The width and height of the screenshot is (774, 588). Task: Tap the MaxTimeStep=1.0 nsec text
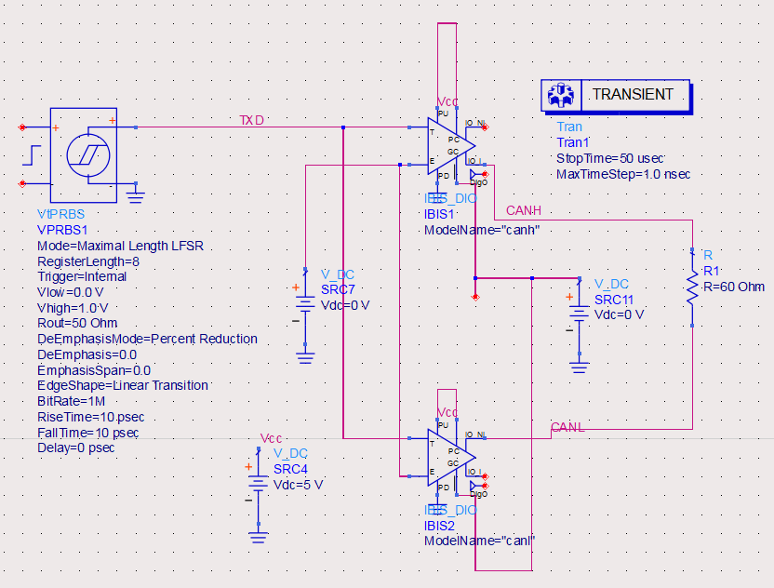pos(622,174)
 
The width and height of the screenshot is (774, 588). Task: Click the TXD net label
pos(251,120)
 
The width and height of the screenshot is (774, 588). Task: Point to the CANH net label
pos(523,211)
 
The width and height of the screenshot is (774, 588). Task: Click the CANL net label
pos(567,427)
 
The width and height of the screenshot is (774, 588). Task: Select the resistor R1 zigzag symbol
pos(692,288)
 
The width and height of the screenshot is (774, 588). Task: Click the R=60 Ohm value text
pos(733,287)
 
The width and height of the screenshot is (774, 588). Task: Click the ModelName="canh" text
pos(482,229)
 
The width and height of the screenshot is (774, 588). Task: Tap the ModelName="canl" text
pos(480,541)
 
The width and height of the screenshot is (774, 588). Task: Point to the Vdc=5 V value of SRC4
pos(298,485)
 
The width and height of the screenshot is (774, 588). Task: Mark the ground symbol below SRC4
pos(258,536)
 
